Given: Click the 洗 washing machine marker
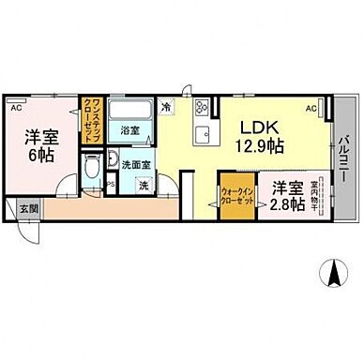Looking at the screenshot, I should point(142,184).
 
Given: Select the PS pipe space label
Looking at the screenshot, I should point(111,184).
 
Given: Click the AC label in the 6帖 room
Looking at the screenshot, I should point(16,109).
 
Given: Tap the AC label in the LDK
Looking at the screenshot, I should point(311,109).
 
